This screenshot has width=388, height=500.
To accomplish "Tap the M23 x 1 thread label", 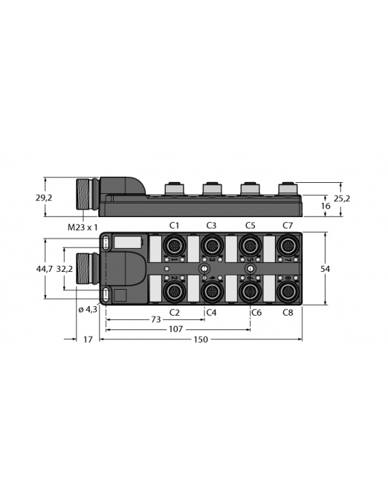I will coord(83,227).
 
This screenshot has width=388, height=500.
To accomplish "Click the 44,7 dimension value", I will coord(45,268).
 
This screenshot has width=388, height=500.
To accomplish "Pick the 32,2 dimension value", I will coord(65,268).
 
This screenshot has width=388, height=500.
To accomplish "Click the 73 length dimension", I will coord(156,320).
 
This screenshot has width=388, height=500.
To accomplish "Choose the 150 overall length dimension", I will coord(201,340).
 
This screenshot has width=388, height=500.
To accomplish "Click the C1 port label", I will coord(174,226).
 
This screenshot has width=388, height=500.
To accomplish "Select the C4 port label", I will coord(211,312).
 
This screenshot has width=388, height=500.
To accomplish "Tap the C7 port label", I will coord(287,226).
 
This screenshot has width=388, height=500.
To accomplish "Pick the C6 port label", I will coord(256,312).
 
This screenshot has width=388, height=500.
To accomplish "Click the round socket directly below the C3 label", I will coord(212,245).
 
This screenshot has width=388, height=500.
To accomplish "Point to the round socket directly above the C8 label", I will coord(287,291).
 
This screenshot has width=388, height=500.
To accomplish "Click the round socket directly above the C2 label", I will coord(174,291).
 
